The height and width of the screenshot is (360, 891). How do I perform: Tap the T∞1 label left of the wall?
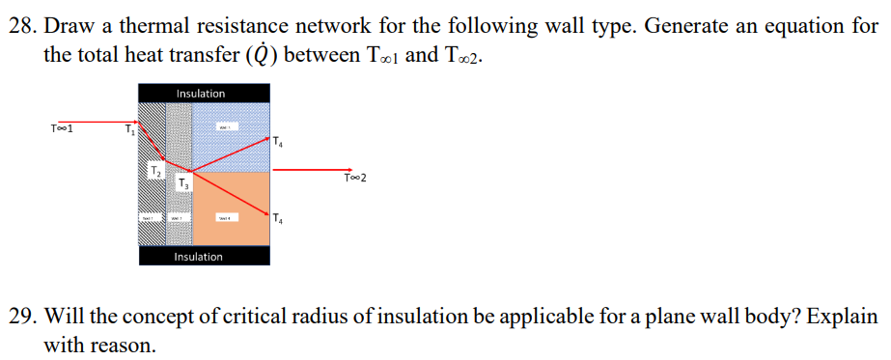click(63, 126)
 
